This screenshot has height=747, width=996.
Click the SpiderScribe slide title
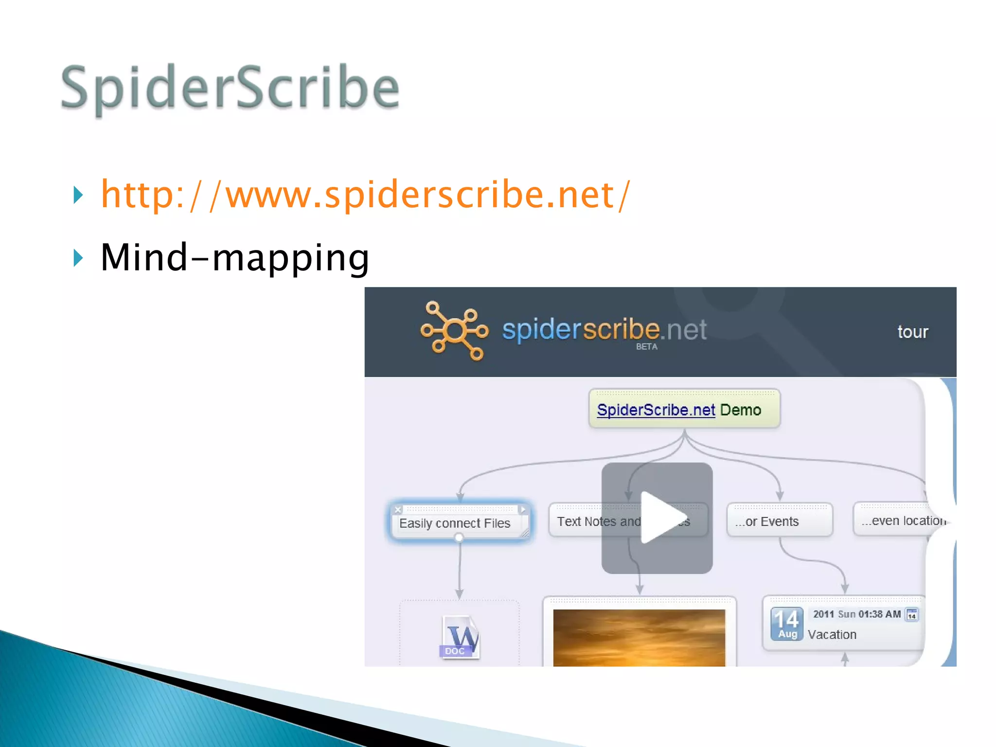(230, 88)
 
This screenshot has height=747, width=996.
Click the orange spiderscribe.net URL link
(365, 195)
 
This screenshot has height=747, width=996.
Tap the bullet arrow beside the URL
(78, 195)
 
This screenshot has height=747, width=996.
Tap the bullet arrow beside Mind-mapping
(78, 258)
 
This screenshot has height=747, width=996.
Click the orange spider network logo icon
(454, 331)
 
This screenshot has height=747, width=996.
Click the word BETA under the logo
(646, 347)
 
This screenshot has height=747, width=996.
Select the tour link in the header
(912, 332)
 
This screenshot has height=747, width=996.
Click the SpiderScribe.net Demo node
(684, 409)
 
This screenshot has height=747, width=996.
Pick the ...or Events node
(779, 521)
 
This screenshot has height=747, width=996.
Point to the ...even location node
(903, 520)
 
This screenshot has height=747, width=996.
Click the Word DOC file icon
(460, 637)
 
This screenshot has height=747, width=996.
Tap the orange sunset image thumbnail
(639, 637)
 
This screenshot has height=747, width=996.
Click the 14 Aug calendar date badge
(787, 624)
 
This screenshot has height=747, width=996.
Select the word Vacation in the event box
(832, 635)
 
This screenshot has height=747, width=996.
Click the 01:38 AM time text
(879, 614)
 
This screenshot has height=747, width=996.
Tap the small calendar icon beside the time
(912, 615)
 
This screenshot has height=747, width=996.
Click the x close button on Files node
(398, 510)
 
